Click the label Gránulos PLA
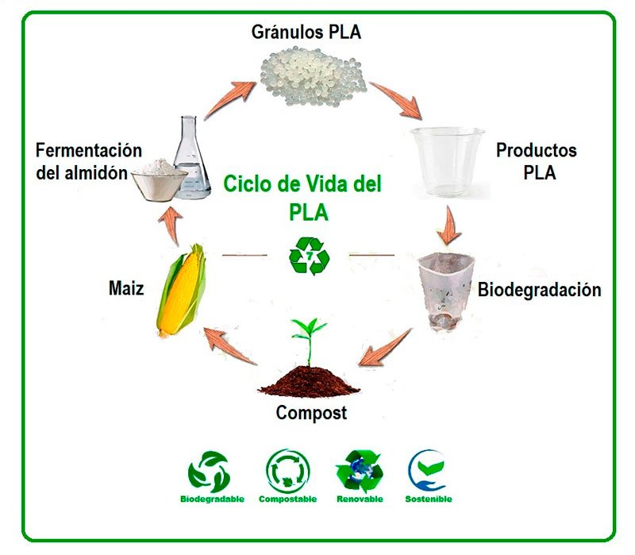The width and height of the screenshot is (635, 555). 306,33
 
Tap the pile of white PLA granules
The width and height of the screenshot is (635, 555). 314,71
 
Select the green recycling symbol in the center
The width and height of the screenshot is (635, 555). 308,255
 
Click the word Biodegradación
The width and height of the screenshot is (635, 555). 539,290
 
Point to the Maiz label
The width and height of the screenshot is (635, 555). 126,288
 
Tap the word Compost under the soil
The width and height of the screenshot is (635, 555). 311,413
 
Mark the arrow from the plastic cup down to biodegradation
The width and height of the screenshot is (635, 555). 450,225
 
